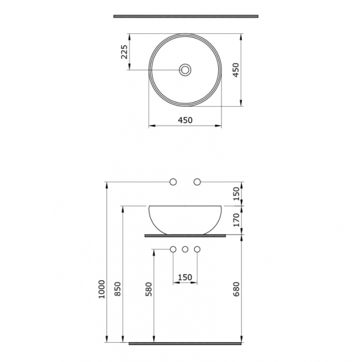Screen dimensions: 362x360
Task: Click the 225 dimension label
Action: pyautogui.click(x=125, y=52)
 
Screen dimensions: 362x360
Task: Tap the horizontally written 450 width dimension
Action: pyautogui.click(x=185, y=120)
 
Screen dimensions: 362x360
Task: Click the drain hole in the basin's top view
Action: pyautogui.click(x=185, y=71)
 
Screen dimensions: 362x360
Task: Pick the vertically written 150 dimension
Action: pyautogui.click(x=237, y=193)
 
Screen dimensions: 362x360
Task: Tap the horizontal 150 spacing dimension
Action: pyautogui.click(x=185, y=277)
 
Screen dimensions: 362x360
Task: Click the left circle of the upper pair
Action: pyautogui.click(x=174, y=182)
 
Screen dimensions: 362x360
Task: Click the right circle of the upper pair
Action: pyautogui.click(x=197, y=182)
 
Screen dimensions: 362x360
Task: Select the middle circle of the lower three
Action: pyautogui.click(x=185, y=249)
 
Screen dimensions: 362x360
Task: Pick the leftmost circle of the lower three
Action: pyautogui.click(x=174, y=249)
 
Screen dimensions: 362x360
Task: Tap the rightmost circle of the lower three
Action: pyautogui.click(x=197, y=249)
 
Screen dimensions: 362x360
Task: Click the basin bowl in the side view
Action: pyautogui.click(x=185, y=218)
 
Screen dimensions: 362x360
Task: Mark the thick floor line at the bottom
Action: pyautogui.click(x=185, y=343)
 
